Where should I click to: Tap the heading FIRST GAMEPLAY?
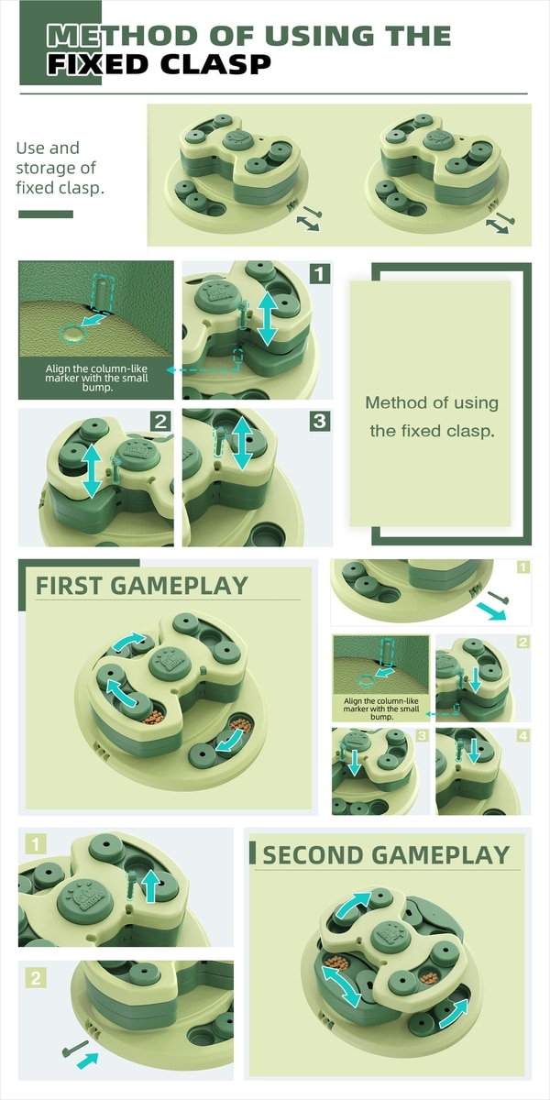[142, 586]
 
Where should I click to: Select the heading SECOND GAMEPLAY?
[386, 855]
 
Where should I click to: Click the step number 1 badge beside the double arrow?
[320, 273]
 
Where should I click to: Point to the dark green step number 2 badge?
[160, 422]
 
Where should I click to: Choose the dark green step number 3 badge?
[320, 421]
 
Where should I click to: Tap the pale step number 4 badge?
[523, 735]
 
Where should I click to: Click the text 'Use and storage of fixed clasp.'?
[60, 168]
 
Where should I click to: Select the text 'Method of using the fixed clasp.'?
[432, 416]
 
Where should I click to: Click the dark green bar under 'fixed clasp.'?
[46, 214]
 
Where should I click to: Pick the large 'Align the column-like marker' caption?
[96, 378]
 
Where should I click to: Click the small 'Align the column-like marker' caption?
[381, 709]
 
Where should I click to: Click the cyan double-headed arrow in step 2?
[92, 472]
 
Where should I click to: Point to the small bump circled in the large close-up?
[73, 334]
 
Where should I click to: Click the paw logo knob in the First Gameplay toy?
[170, 663]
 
